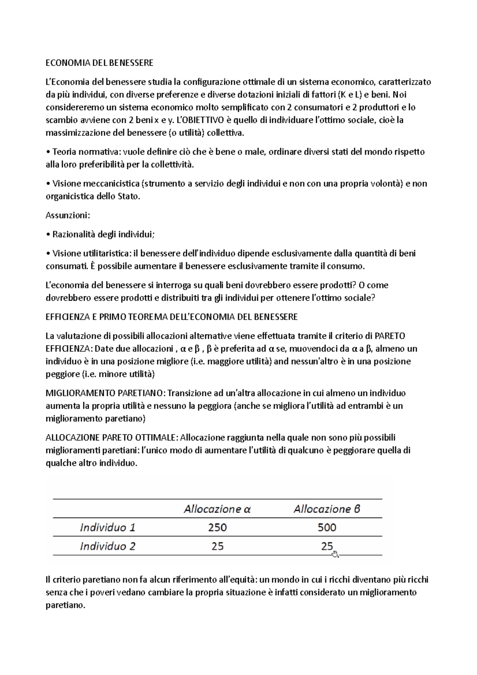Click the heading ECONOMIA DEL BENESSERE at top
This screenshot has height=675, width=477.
[x=99, y=63]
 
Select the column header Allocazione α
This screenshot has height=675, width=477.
[x=217, y=509]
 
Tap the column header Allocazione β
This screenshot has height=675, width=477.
[x=327, y=509]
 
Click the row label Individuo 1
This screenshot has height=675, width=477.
[x=108, y=528]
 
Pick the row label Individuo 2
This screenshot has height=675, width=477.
[x=108, y=546]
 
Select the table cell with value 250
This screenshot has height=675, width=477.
[x=217, y=528]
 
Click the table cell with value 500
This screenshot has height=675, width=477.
[x=327, y=528]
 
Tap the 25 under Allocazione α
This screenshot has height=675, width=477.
[x=217, y=546]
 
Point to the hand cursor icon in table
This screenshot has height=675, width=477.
[x=335, y=554]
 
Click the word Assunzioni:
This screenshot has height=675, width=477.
[x=68, y=215]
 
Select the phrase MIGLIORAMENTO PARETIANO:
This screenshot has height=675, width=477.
[x=106, y=393]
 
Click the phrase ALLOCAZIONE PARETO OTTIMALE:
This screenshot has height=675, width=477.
[x=112, y=438]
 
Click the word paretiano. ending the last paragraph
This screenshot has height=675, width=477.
[x=66, y=605]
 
